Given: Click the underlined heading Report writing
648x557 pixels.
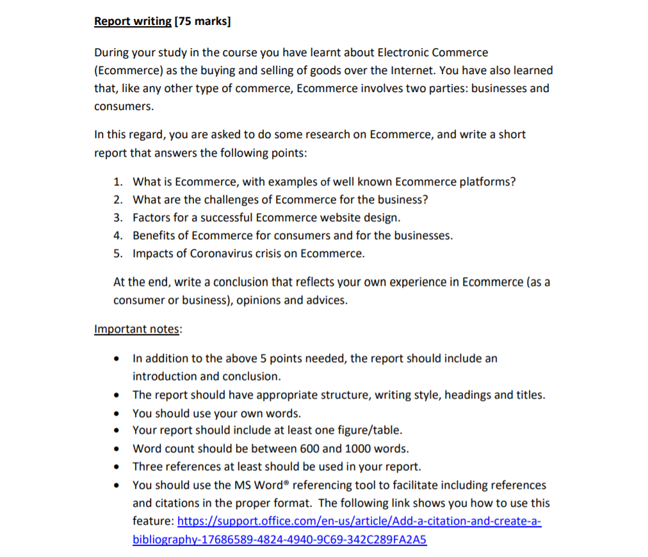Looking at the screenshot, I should point(133,21).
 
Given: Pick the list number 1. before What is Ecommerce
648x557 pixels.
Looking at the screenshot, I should point(118,182).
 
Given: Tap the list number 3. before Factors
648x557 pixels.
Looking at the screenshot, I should point(118,217).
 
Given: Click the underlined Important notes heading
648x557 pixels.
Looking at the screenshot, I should point(137,329).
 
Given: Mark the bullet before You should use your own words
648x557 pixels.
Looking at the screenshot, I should point(115,413).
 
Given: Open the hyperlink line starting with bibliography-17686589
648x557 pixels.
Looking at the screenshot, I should point(279,539).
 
